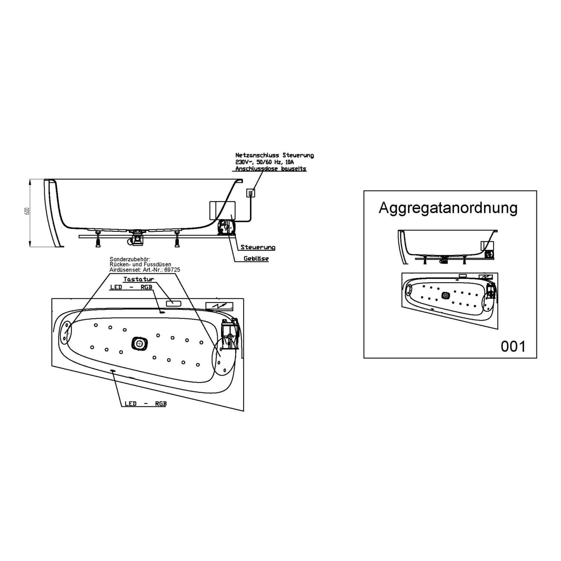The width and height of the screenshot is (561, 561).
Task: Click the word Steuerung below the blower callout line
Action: (x=258, y=247)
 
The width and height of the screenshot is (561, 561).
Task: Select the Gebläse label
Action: (x=256, y=258)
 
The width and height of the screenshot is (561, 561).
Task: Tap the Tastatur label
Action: (x=138, y=279)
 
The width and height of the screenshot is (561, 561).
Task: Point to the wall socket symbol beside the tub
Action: (x=251, y=193)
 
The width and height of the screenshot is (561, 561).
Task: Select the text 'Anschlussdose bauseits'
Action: (x=271, y=168)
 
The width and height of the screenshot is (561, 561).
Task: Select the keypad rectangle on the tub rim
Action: (x=173, y=303)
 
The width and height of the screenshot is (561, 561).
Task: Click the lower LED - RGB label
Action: (x=145, y=404)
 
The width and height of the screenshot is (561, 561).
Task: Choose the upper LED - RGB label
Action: (x=131, y=287)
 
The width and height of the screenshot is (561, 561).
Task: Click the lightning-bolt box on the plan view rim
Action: (x=219, y=306)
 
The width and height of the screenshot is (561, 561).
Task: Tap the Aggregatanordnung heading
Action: (x=448, y=208)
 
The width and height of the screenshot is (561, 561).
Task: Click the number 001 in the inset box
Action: (x=513, y=346)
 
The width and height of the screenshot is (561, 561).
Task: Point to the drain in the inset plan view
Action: (x=445, y=295)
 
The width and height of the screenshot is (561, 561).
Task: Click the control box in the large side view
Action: (x=222, y=210)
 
